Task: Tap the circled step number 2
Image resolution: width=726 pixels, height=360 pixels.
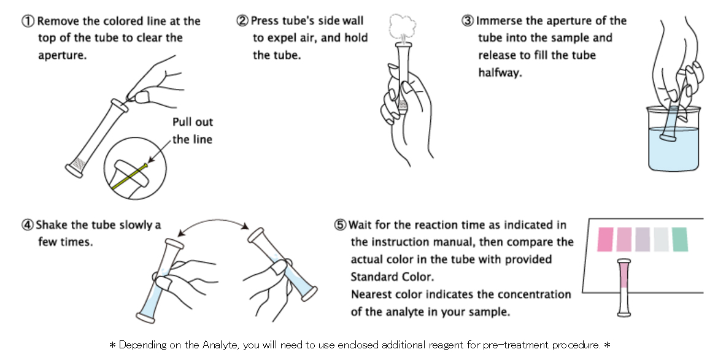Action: point(242,20)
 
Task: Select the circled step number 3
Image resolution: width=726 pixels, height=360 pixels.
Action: point(468,20)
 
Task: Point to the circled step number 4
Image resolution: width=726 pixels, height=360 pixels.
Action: point(28,224)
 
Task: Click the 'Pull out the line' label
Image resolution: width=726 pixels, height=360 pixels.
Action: point(192,131)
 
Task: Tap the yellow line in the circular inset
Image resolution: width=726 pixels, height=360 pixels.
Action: point(129,177)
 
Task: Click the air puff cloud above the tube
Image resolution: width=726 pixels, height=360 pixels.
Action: point(403,27)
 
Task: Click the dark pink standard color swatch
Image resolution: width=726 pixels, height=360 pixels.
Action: point(605,239)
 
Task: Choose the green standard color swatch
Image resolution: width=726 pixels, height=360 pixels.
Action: point(679,239)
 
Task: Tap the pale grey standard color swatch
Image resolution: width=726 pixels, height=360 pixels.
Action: point(661,239)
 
